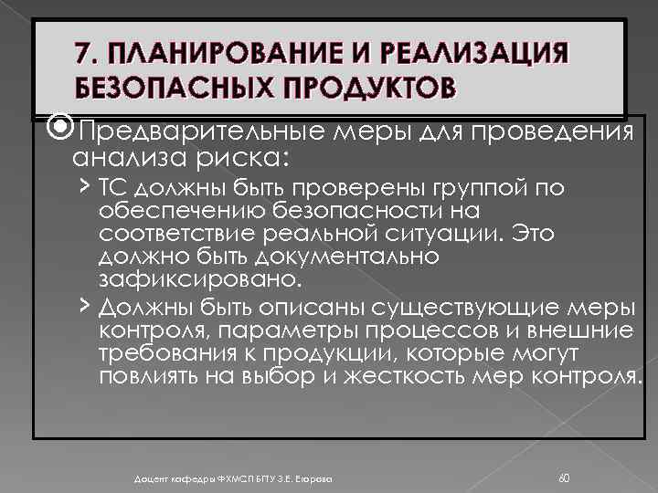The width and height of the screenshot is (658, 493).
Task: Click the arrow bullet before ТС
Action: click(83, 188)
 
